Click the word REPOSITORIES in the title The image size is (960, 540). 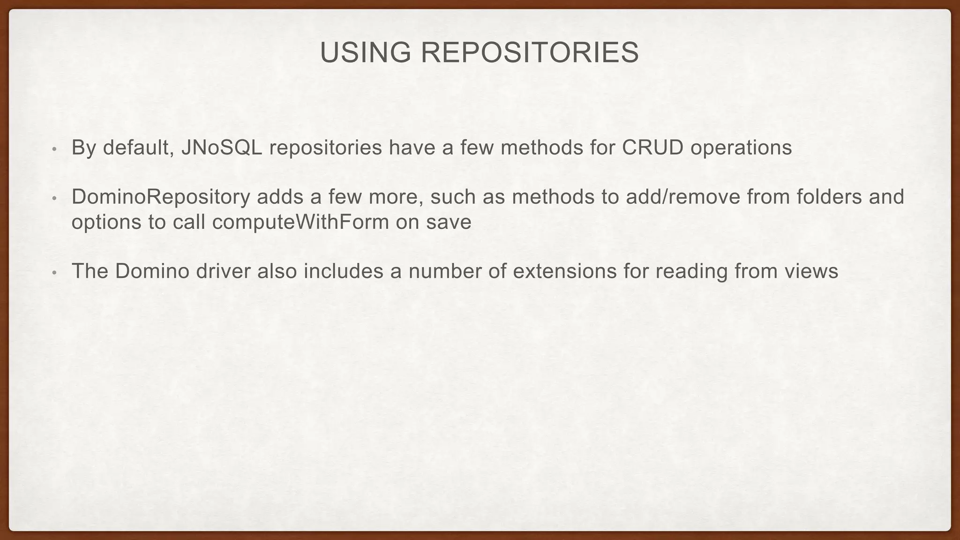pyautogui.click(x=530, y=52)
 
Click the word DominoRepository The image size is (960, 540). pyautogui.click(x=161, y=197)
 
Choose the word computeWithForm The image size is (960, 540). pyautogui.click(x=300, y=222)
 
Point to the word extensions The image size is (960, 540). pyautogui.click(x=565, y=271)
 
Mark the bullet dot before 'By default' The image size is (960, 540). pyautogui.click(x=54, y=150)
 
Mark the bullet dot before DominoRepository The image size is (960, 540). pyautogui.click(x=54, y=199)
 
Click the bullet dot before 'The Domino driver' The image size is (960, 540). pyautogui.click(x=54, y=273)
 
